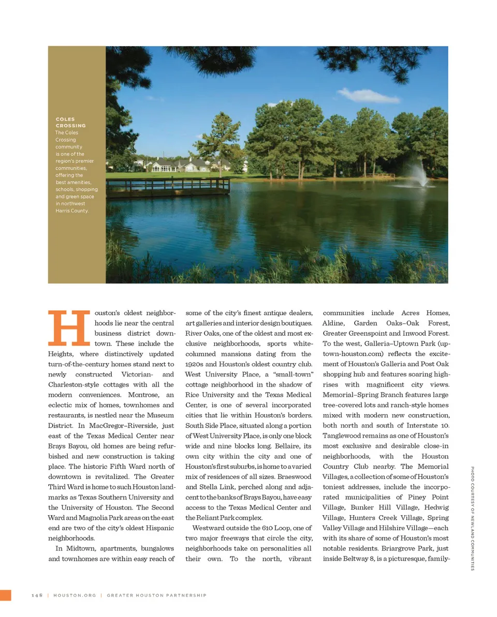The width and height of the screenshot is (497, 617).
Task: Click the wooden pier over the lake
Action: (171, 186)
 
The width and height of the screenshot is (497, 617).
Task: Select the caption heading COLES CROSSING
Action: (70, 122)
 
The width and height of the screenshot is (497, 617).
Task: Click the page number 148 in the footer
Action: (36, 595)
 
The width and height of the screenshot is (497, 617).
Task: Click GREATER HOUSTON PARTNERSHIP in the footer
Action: (156, 595)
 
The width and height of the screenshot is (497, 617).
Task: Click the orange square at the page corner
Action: (5, 595)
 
